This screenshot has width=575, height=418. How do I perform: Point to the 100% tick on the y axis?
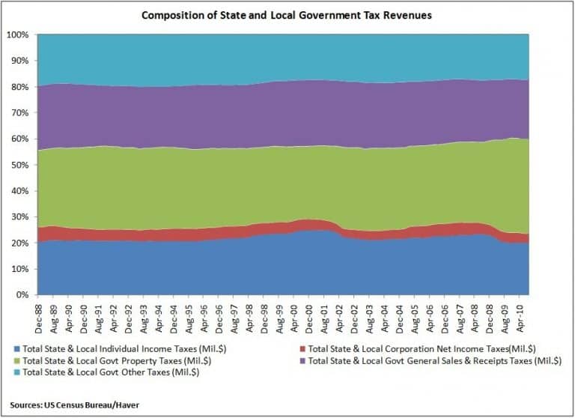18,35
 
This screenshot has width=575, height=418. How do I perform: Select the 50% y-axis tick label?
19,166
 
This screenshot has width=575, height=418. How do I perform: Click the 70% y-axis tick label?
19,113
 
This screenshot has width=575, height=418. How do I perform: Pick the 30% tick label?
19,217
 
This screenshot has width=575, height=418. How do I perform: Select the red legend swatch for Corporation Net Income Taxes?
302,348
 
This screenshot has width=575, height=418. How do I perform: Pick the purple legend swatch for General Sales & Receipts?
302,360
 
